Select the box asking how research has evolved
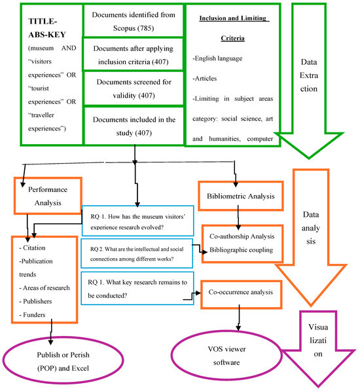(136, 222)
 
